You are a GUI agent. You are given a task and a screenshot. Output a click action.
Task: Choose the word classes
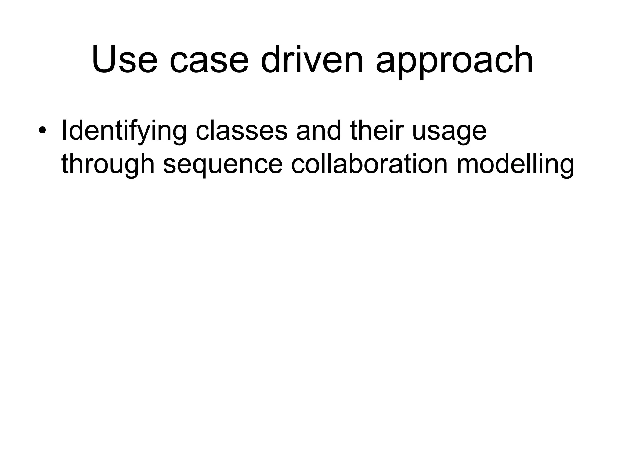pos(241,131)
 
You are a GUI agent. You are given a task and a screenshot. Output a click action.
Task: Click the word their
pos(378,131)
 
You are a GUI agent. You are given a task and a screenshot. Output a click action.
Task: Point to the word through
pos(108,165)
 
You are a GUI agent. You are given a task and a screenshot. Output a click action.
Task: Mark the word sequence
pos(223,166)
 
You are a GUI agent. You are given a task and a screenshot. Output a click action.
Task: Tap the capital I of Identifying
pos(64,131)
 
